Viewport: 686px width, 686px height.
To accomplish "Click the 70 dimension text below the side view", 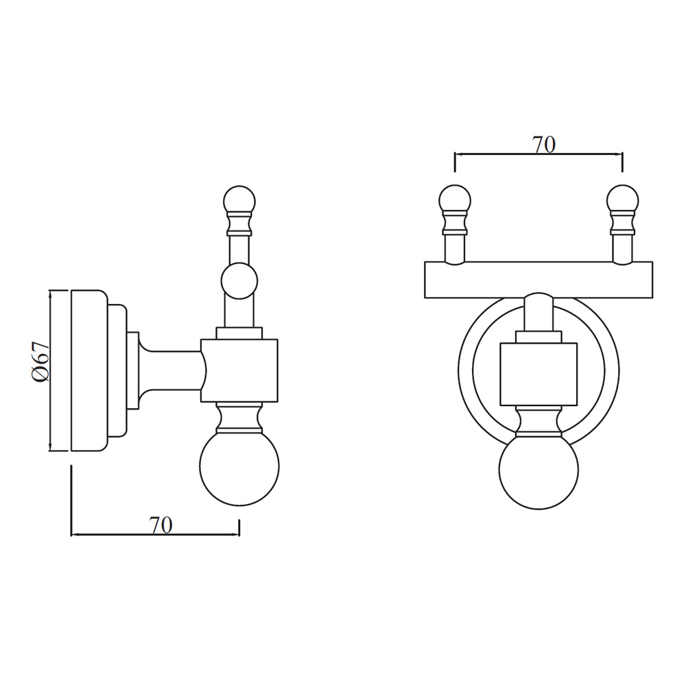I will [161, 525].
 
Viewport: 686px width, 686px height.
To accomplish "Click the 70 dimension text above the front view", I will [543, 145].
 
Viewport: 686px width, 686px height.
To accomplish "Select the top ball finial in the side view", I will [239, 200].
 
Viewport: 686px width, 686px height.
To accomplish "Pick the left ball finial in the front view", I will [455, 200].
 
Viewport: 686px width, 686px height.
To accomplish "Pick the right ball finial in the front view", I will [622, 200].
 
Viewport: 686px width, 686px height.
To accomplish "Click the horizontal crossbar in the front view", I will [539, 280].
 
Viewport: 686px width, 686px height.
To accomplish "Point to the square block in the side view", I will [239, 370].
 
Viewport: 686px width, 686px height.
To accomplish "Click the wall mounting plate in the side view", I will [88, 370].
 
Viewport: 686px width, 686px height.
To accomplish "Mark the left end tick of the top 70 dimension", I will [456, 163].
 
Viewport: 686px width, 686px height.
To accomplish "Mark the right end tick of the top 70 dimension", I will [622, 163].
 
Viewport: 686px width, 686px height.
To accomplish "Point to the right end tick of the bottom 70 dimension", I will [239, 528].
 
